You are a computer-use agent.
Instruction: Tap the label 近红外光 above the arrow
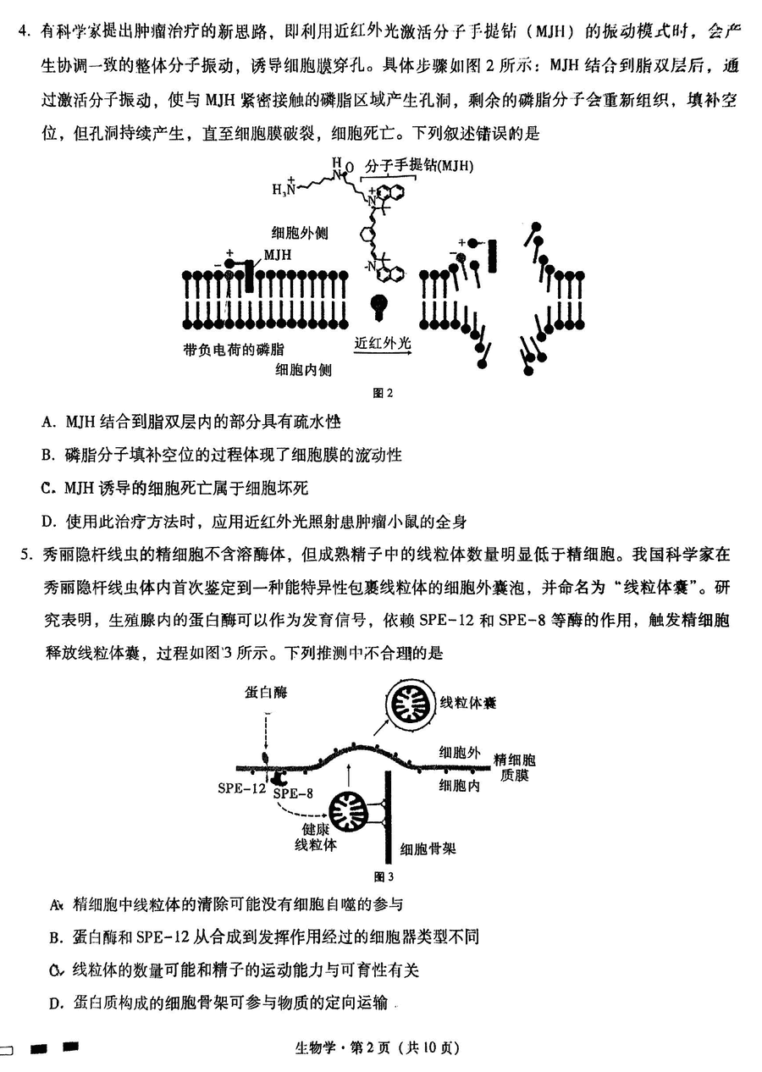point(383,343)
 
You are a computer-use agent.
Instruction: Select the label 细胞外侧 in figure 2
point(300,233)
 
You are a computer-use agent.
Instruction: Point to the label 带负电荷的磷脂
point(233,350)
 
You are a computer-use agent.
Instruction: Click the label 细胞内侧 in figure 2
point(303,370)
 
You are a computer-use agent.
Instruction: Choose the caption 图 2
point(383,393)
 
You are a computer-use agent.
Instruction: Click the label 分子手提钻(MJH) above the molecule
point(419,166)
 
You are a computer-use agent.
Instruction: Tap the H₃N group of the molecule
point(284,188)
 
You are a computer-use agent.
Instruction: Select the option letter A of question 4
point(47,422)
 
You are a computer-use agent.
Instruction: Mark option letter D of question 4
point(47,521)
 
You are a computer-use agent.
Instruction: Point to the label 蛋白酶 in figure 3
point(266,692)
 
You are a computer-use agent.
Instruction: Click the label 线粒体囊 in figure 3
point(467,703)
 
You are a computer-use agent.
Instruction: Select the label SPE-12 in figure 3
point(241,788)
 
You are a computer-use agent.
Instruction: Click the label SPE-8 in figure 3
point(293,793)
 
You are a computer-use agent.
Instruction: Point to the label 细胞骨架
point(428,849)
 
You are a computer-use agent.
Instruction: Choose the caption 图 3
point(384,876)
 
